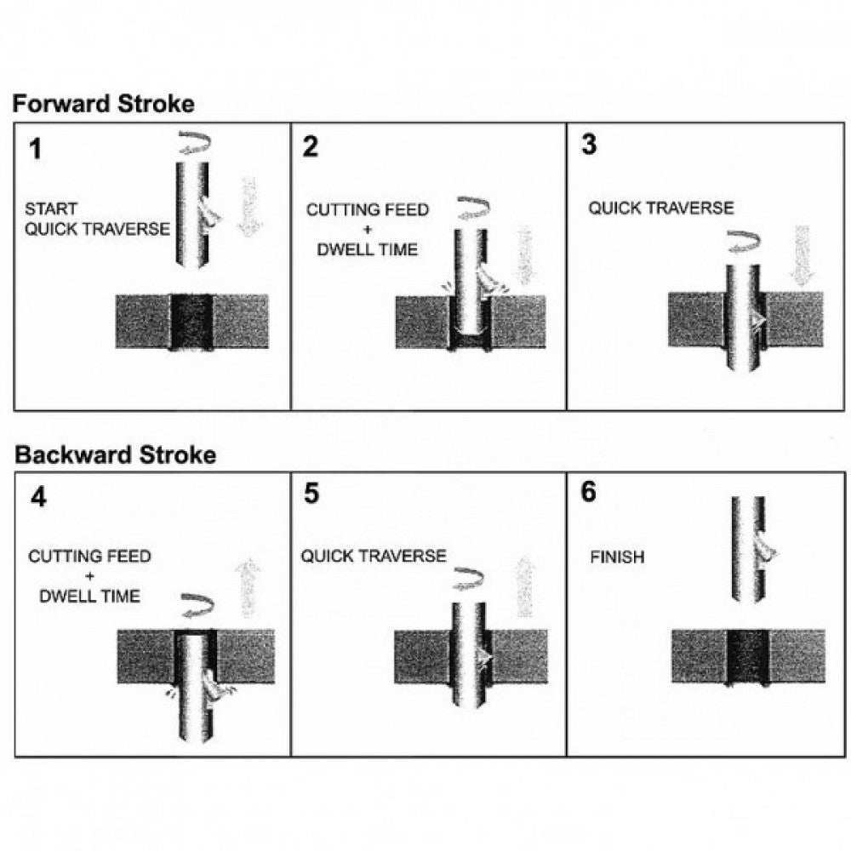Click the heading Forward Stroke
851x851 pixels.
tap(103, 104)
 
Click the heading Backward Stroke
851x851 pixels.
tap(115, 455)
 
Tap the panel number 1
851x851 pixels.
tap(35, 150)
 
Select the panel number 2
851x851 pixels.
tap(311, 147)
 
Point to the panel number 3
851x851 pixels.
tap(589, 145)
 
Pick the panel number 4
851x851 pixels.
tap(37, 498)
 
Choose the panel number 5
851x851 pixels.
tap(311, 494)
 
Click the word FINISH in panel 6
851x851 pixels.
tap(617, 558)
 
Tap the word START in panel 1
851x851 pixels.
tap(50, 208)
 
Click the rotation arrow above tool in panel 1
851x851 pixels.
tap(192, 142)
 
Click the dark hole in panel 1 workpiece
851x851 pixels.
tap(191, 322)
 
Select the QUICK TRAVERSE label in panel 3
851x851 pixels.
tap(660, 208)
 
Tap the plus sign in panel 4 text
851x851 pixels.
tap(89, 576)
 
